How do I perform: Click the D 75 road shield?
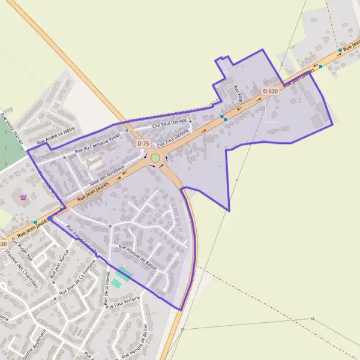tap(143, 144)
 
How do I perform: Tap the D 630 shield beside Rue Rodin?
tap(271, 91)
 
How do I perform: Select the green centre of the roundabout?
tap(155, 158)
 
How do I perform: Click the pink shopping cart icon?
tap(23, 197)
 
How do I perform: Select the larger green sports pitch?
tap(125, 275)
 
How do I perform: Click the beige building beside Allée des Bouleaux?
tap(94, 162)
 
